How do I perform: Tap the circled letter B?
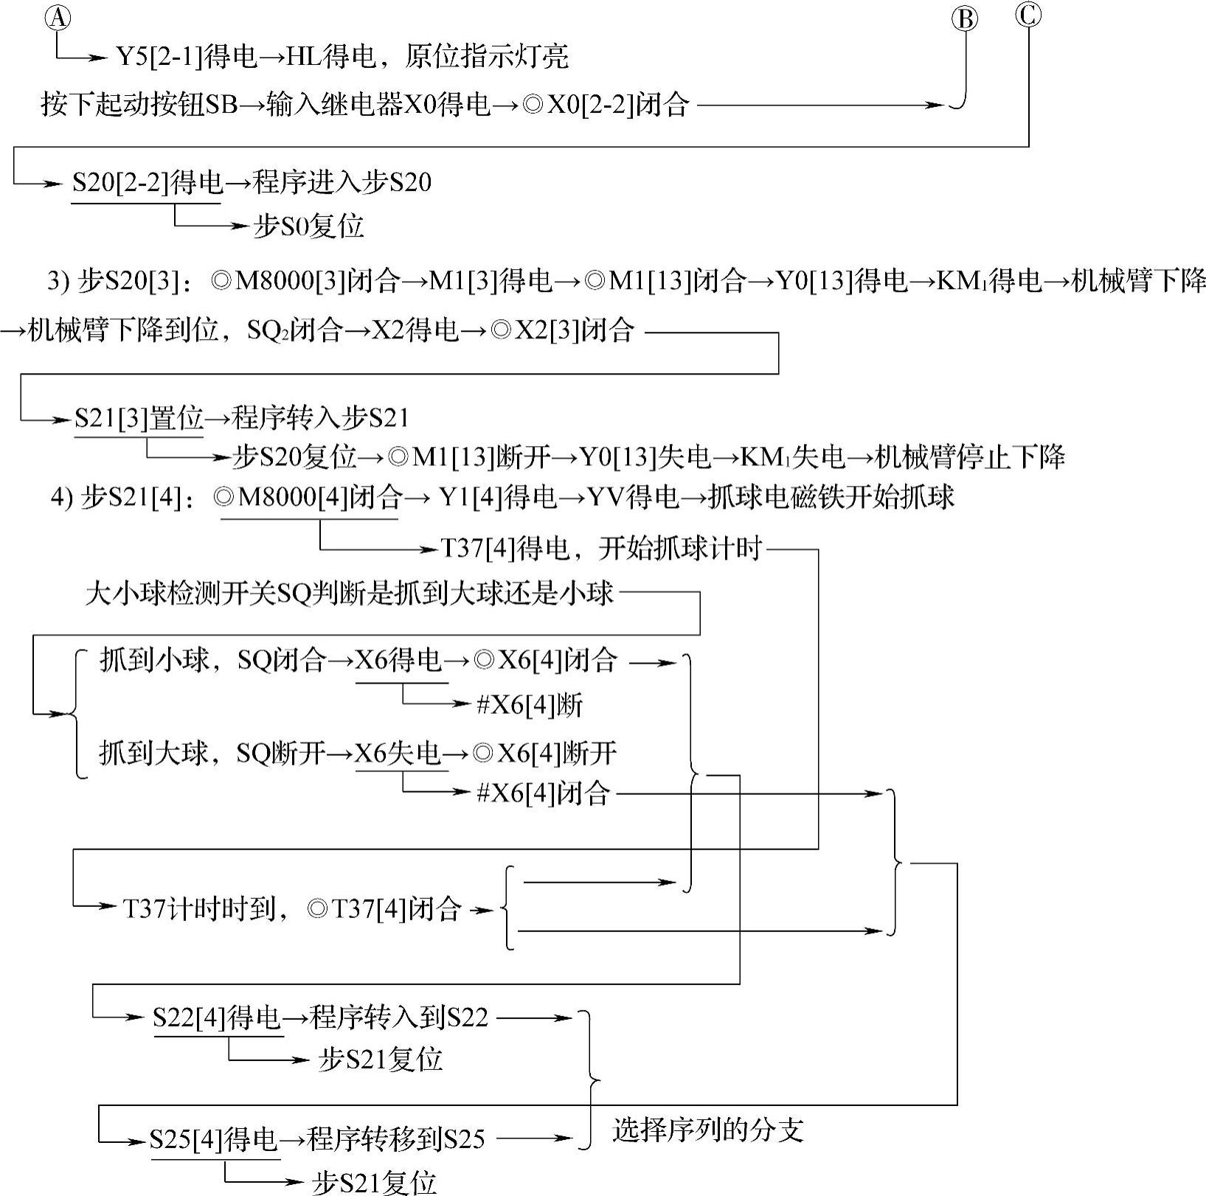pos(965,19)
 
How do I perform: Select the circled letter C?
pos(1028,14)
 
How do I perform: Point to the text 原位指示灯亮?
pos(486,57)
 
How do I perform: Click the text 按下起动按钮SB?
pos(139,105)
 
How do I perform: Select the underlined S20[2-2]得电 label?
pos(147,183)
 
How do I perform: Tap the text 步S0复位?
pos(308,226)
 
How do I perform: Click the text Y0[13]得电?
pos(842,281)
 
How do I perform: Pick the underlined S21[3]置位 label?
pos(139,419)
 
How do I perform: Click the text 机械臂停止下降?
pos(970,458)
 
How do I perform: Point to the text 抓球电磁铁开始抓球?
pos(831,498)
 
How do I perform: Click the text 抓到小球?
pos(154,661)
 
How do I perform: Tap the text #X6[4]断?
pos(530,706)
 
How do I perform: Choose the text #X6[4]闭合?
pos(544,793)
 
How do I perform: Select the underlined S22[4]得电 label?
pos(218,1018)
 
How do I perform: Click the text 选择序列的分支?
pos(707,1130)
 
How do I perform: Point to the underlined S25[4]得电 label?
pos(214,1139)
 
